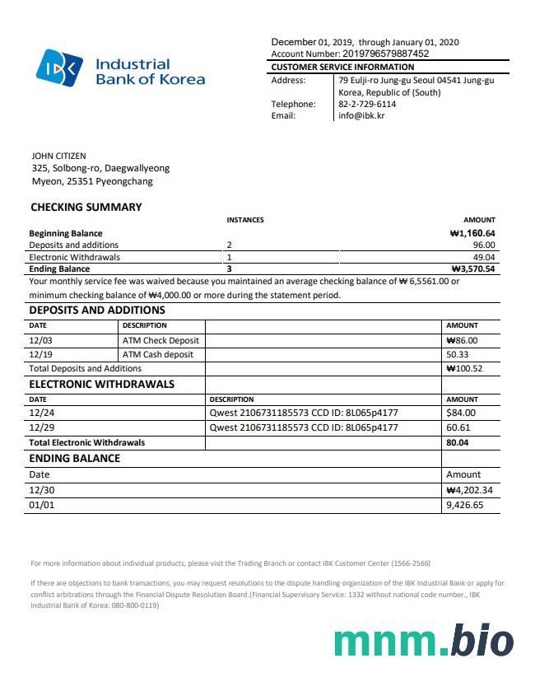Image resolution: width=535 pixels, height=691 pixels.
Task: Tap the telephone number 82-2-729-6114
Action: pos(366,105)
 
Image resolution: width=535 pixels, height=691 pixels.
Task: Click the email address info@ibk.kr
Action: pos(361,116)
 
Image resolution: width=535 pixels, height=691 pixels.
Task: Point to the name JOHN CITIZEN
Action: pos(58,156)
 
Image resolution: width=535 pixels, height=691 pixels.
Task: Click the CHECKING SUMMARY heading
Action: pos(86,208)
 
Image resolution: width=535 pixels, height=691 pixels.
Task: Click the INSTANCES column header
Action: pos(245,220)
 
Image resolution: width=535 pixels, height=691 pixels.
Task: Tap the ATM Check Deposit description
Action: pos(160,340)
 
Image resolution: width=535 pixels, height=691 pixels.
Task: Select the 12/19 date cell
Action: pos(40,354)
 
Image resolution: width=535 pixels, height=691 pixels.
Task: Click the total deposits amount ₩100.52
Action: pos(464,369)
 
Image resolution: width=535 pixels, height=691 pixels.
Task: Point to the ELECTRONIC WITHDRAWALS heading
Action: pos(102,385)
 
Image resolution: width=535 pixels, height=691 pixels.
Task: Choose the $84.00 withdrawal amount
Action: pos(461,413)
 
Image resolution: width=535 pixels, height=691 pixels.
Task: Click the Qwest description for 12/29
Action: pos(304,427)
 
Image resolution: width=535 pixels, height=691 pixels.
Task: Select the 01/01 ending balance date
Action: pos(42,505)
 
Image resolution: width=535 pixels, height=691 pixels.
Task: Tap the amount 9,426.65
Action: pos(464,505)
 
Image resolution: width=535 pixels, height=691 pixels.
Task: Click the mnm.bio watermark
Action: pos(424,642)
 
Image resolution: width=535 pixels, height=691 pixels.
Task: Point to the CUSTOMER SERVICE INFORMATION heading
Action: pos(342,67)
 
